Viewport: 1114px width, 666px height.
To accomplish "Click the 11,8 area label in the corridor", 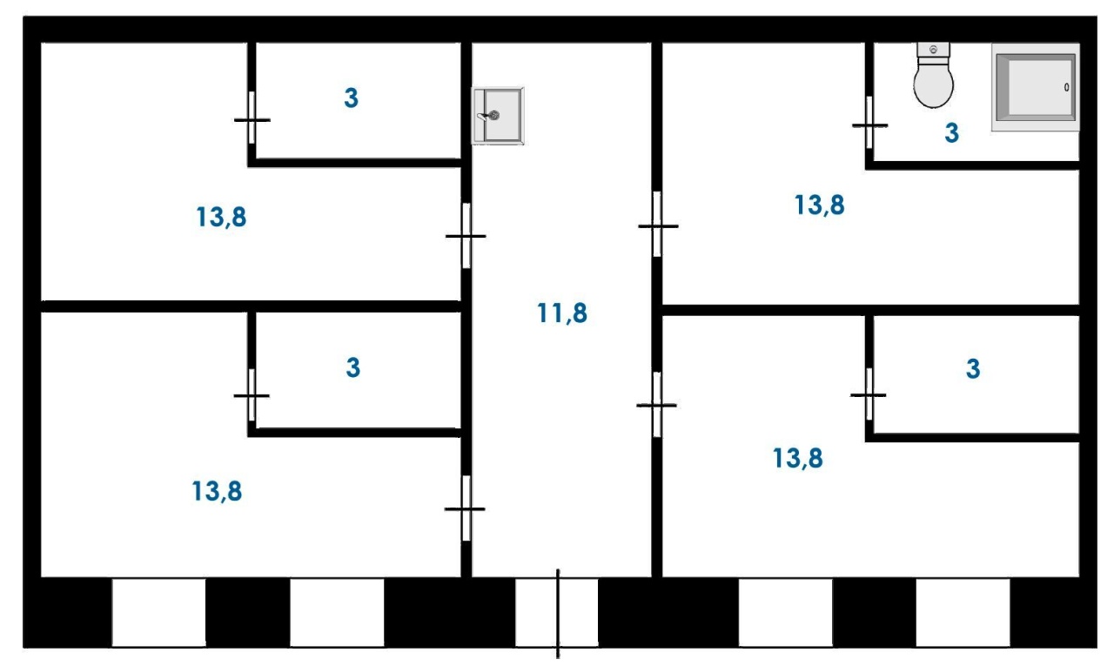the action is [562, 313].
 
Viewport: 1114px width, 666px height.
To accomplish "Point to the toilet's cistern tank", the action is [933, 50].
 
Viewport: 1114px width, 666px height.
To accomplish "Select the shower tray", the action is [1036, 88].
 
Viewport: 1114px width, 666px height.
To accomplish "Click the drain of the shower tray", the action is [1067, 88].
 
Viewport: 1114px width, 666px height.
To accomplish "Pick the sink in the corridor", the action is [498, 116].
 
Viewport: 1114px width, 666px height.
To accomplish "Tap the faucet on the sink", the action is [488, 116].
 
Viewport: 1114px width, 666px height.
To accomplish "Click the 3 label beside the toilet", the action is [951, 133].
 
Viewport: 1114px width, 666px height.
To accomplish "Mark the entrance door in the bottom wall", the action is [558, 613].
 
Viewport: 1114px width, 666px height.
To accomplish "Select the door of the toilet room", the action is [869, 124].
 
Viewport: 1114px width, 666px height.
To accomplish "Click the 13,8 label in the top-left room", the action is [221, 217].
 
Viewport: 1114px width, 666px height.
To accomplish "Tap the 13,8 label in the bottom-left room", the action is [217, 491].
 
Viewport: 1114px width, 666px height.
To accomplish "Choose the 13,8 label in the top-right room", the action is [820, 205].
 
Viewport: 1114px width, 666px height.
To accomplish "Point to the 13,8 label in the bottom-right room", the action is [798, 458].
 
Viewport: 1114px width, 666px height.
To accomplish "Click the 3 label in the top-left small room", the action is [351, 98].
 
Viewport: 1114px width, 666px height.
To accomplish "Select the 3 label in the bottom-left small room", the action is [352, 367].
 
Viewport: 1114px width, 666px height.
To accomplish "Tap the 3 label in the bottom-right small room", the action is [973, 369].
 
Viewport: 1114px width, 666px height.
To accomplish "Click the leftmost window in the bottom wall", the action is [158, 612].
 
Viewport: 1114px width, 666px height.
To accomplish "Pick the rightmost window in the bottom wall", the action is [963, 612].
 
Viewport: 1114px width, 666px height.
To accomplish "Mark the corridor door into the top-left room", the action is [466, 236].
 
